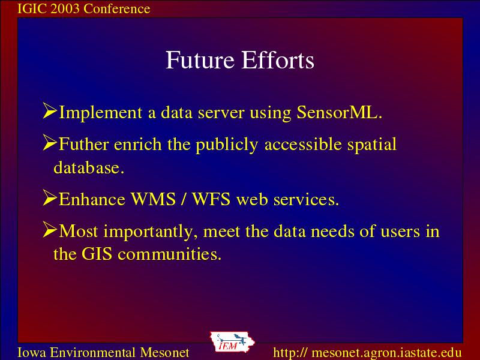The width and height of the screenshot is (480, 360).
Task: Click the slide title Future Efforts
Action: coord(239,60)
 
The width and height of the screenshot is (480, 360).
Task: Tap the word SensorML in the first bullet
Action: coord(339,112)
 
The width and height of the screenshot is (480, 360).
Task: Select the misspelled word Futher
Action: coord(83,143)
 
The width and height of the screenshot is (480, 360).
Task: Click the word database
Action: coord(89,167)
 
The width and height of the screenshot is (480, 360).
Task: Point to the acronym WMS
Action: coord(153,199)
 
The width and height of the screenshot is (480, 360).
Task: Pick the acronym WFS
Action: coord(211,199)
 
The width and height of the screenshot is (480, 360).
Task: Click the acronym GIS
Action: coord(97,254)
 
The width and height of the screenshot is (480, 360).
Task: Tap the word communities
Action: coord(169,254)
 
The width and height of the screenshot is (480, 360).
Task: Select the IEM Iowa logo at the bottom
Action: coord(232,342)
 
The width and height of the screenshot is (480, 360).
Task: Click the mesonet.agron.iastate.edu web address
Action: coord(367,352)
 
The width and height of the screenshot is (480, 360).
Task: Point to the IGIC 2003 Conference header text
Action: coord(84,8)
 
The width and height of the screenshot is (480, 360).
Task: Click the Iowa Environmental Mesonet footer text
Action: coord(103,352)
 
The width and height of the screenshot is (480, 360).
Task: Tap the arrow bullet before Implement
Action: coord(50,110)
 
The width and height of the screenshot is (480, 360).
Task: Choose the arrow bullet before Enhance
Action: coord(50,197)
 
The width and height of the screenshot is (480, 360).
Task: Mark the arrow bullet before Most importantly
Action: coord(50,229)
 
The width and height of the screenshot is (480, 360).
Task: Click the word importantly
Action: coord(151,232)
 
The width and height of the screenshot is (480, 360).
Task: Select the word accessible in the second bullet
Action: coord(303,143)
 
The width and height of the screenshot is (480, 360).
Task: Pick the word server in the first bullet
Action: coord(221,113)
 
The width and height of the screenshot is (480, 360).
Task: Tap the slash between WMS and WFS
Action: coord(184,199)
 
